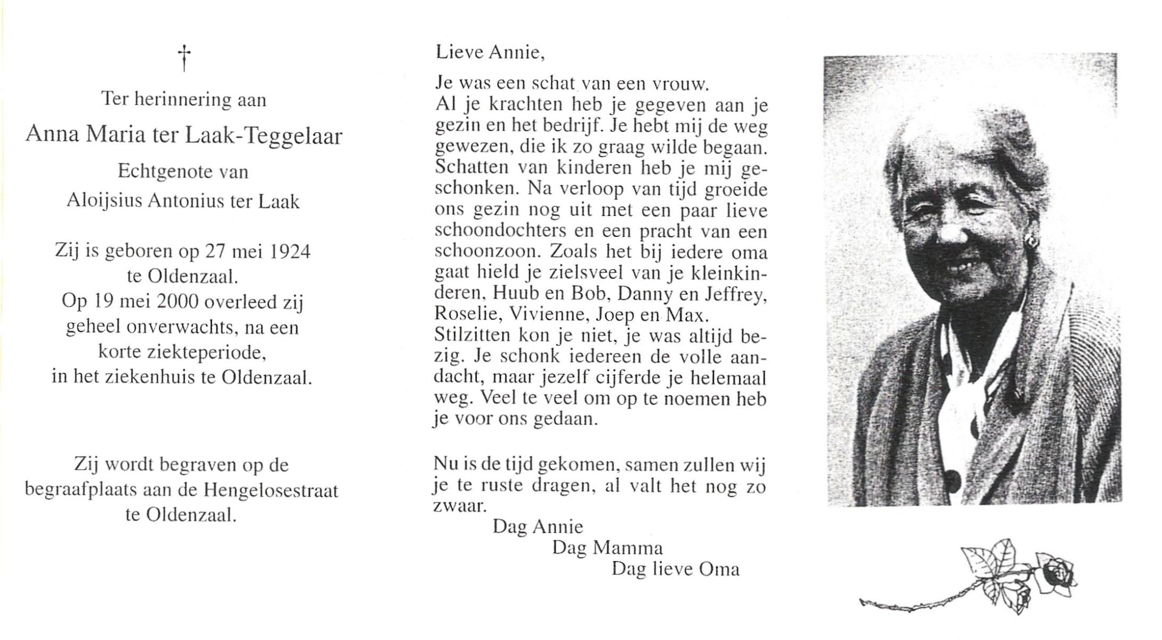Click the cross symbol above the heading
pos(184,58)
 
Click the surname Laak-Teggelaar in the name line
pos(263,137)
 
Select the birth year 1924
pos(290,251)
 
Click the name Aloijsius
pos(105,201)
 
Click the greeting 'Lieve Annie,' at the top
pos(490,52)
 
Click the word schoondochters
pos(500,231)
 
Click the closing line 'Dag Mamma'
pos(607,548)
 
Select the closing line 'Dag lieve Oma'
pos(675,569)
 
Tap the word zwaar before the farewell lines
pos(460,506)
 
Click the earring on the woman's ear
pos(1030,242)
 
